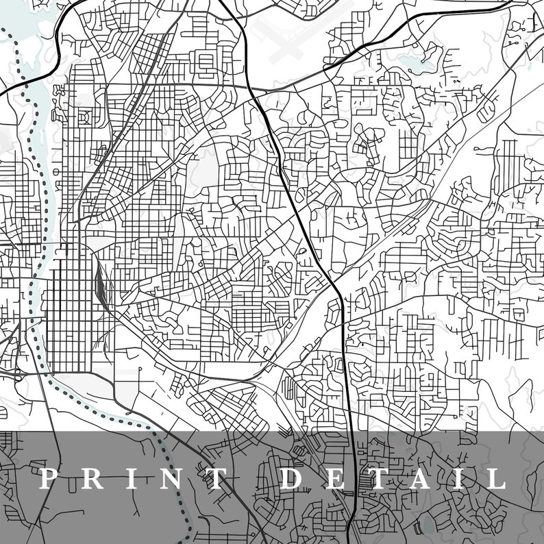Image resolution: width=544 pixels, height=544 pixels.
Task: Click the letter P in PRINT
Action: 47,478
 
